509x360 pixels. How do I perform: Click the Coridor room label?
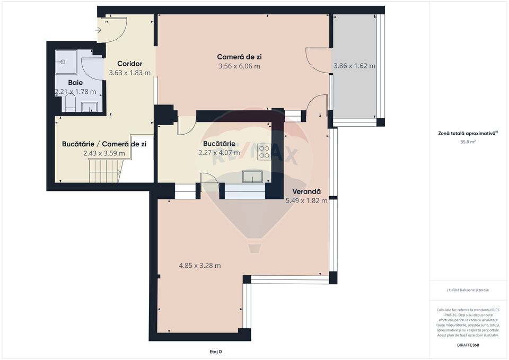[x=129, y=64]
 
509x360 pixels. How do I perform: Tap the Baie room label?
[x=76, y=83]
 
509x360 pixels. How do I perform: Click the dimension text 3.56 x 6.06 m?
[x=239, y=66]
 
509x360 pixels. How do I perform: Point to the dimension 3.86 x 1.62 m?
[x=354, y=66]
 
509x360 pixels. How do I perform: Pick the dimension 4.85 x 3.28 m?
[x=200, y=266]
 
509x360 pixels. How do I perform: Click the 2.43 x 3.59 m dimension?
[x=104, y=153]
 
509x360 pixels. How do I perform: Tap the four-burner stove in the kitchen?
[x=264, y=152]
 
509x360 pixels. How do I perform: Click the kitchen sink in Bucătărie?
[x=253, y=176]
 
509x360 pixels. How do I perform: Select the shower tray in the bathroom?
[x=66, y=62]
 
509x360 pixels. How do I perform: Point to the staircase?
[x=104, y=170]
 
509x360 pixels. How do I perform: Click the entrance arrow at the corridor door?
[x=98, y=30]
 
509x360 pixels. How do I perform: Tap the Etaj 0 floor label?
[x=216, y=352]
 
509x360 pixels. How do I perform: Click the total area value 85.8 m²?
[x=468, y=142]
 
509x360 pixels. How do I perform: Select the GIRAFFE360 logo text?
[x=468, y=345]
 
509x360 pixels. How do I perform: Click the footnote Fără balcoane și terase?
[x=468, y=290]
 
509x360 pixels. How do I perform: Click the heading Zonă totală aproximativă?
[x=467, y=134]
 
